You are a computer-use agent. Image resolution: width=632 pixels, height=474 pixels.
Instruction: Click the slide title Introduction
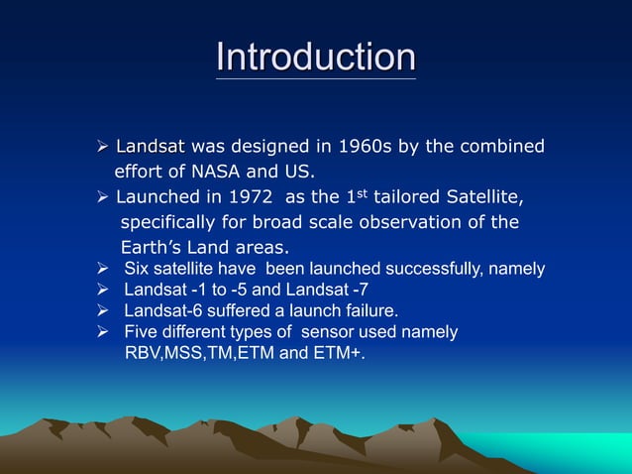(316, 57)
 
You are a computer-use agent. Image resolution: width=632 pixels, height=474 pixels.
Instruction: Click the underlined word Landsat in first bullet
(151, 147)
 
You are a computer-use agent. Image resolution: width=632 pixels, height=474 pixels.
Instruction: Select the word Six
(137, 269)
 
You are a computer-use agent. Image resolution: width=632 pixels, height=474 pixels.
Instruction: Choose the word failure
(369, 310)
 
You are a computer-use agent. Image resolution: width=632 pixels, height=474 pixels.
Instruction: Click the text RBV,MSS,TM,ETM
(198, 352)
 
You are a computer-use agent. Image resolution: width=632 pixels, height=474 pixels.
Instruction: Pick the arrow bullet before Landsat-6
(102, 310)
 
